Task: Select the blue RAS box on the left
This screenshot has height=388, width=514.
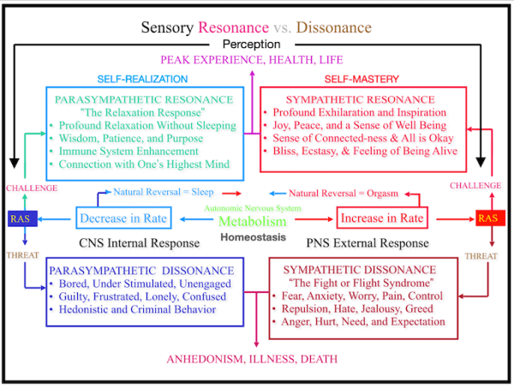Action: tap(20, 218)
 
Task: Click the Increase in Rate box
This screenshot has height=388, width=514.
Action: tap(382, 219)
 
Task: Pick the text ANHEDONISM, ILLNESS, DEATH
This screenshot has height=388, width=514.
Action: tap(252, 358)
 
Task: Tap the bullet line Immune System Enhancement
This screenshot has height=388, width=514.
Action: tap(143, 152)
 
